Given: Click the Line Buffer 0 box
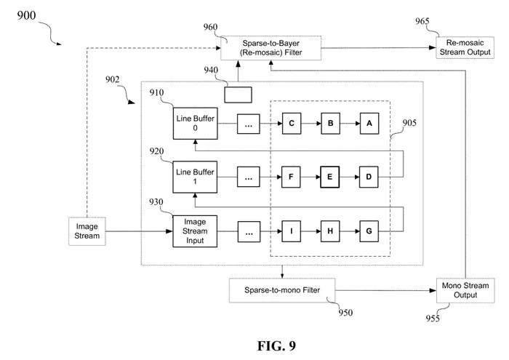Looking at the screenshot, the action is tap(195, 124).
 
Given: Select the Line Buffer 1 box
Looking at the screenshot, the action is tap(195, 177).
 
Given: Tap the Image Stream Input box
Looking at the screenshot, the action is tap(195, 231).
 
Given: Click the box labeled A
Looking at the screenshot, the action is tap(369, 124).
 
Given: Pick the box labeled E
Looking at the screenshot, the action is tap(330, 177).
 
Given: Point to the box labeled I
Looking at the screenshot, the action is tap(291, 231).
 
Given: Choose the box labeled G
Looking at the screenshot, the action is tap(369, 231).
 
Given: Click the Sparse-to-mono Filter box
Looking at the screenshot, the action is tap(282, 290).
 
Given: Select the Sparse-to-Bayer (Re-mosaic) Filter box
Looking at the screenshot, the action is tap(270, 48).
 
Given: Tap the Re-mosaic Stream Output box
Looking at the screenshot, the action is tap(465, 47).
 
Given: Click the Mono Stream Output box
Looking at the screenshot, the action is tap(465, 290).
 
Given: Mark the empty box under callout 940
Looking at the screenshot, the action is tap(238, 95).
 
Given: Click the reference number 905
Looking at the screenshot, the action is tap(409, 123).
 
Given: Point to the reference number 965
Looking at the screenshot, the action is tap(422, 21).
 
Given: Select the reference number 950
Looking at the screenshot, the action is tap(345, 312).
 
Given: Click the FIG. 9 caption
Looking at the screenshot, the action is tap(276, 345).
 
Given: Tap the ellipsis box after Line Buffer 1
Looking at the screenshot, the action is tap(249, 177).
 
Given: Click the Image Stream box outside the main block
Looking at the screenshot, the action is tap(87, 231).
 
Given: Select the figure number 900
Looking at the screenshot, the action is tap(26, 15).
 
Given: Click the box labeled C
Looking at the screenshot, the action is tap(292, 124).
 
